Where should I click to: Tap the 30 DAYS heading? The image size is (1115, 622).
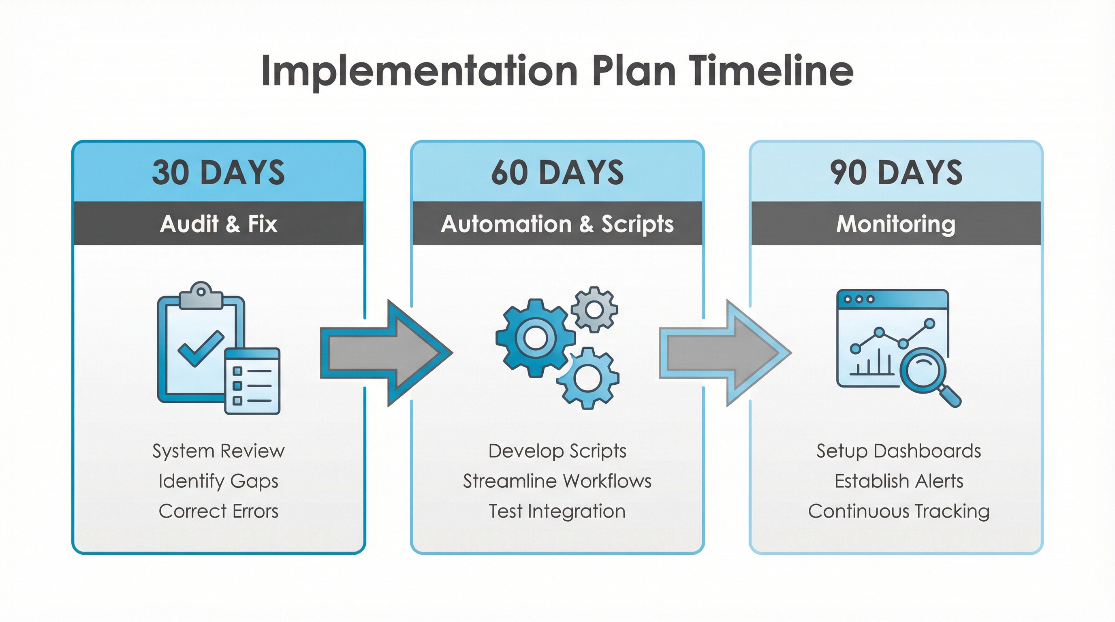pyautogui.click(x=219, y=173)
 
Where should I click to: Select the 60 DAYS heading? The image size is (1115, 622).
pyautogui.click(x=557, y=173)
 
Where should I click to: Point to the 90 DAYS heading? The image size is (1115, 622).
pyautogui.click(x=896, y=173)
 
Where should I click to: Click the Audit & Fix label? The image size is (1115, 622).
pyautogui.click(x=219, y=224)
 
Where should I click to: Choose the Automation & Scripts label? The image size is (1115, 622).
pyautogui.click(x=557, y=224)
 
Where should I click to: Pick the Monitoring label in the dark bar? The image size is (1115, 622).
pyautogui.click(x=896, y=224)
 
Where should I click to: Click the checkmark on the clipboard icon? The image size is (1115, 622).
pyautogui.click(x=201, y=348)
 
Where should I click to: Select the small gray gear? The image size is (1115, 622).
pyautogui.click(x=594, y=309)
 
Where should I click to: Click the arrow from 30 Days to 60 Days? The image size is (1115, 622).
pyautogui.click(x=385, y=353)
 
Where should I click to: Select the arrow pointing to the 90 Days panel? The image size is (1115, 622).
pyautogui.click(x=724, y=353)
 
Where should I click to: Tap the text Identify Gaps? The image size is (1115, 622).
pyautogui.click(x=219, y=481)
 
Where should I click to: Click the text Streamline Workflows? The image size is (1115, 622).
pyautogui.click(x=557, y=481)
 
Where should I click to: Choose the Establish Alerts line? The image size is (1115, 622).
pyautogui.click(x=899, y=481)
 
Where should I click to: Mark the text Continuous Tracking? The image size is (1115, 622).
pyautogui.click(x=899, y=511)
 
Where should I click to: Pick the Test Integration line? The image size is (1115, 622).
pyautogui.click(x=557, y=511)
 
